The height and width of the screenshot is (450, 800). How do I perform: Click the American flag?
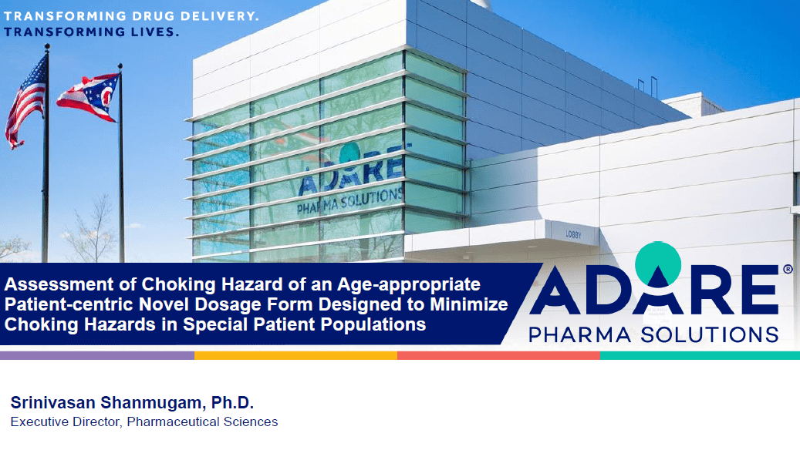25,102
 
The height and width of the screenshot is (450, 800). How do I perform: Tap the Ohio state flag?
89,97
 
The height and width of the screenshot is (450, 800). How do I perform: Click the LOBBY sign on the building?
573,234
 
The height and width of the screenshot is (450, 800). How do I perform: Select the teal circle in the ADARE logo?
658,264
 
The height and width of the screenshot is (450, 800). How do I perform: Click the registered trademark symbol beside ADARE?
788,269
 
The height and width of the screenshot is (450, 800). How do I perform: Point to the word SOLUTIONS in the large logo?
709,334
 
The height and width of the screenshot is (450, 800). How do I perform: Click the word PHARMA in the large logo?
580,335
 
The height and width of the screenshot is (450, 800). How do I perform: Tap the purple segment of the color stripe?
97,355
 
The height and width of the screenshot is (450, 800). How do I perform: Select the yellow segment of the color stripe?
296,355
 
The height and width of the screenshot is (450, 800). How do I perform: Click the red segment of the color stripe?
498,355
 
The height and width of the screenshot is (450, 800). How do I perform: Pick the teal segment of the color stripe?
700,355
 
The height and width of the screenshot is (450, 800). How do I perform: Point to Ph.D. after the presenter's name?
232,402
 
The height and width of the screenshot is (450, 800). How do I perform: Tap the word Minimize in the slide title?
469,304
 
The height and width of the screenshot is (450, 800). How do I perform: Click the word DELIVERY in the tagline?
221,16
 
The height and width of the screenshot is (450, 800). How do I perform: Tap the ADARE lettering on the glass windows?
351,174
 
